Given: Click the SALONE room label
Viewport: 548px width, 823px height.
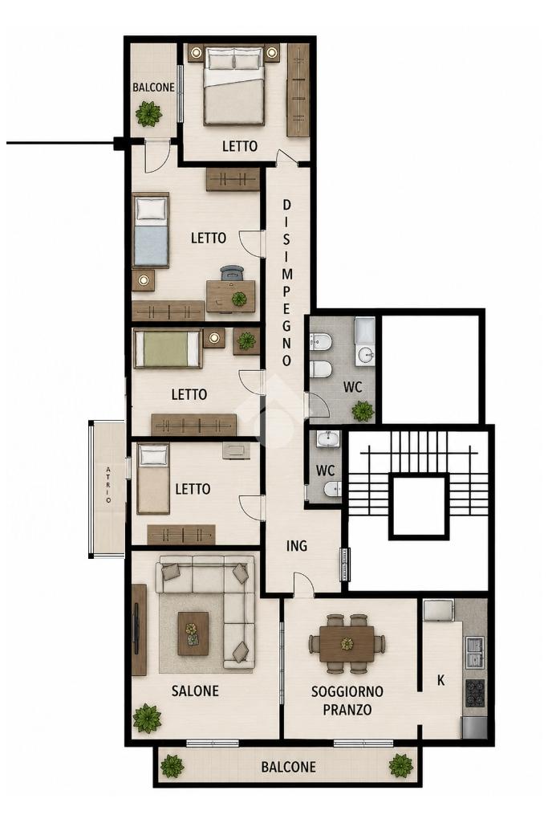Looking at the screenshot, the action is [x=195, y=691].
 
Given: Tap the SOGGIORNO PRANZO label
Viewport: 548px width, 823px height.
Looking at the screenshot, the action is [x=347, y=700].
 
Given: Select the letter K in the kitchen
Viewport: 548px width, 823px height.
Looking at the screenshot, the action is [x=441, y=680].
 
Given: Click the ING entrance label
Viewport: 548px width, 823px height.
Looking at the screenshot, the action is [x=297, y=546].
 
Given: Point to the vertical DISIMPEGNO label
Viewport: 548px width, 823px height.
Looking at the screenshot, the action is [x=287, y=283].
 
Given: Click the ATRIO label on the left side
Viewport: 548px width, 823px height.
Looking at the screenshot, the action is [x=108, y=484].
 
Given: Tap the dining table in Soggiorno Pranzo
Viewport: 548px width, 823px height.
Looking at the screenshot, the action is [x=347, y=643].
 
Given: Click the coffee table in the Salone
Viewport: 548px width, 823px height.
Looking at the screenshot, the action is [x=193, y=634].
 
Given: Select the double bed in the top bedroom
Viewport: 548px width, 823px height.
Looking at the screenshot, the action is [x=233, y=86].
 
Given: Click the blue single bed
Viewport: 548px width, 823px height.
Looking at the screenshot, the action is [x=151, y=231].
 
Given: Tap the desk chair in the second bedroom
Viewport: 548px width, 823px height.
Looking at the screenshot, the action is [x=233, y=274].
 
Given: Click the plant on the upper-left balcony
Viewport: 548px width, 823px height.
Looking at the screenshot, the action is [x=148, y=113].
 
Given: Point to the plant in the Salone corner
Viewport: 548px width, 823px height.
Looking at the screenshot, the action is [x=147, y=719].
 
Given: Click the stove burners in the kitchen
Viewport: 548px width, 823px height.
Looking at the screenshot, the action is [x=475, y=692].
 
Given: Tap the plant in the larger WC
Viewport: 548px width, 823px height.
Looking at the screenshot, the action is [x=363, y=410].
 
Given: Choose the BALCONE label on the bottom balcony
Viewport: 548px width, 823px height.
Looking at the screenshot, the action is [x=288, y=767].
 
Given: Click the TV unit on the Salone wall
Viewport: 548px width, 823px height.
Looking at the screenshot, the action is [x=139, y=629].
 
